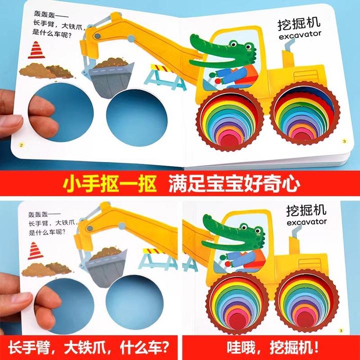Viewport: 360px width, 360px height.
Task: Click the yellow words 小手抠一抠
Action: [x=109, y=183]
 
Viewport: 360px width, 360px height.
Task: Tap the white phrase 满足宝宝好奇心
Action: [x=234, y=183]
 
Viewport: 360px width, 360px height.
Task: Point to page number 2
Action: [x=21, y=145]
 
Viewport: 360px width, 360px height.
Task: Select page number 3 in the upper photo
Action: [x=344, y=141]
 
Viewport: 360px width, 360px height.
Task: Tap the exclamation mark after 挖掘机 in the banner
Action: [x=317, y=347]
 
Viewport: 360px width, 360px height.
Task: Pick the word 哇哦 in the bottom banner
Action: [x=241, y=347]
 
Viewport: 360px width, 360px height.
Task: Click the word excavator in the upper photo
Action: [x=300, y=35]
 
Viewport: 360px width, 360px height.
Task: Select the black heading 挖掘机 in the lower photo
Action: [x=306, y=210]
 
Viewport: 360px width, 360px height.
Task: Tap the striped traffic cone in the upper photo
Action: [x=36, y=50]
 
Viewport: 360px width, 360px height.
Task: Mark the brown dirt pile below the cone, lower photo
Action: [x=46, y=269]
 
